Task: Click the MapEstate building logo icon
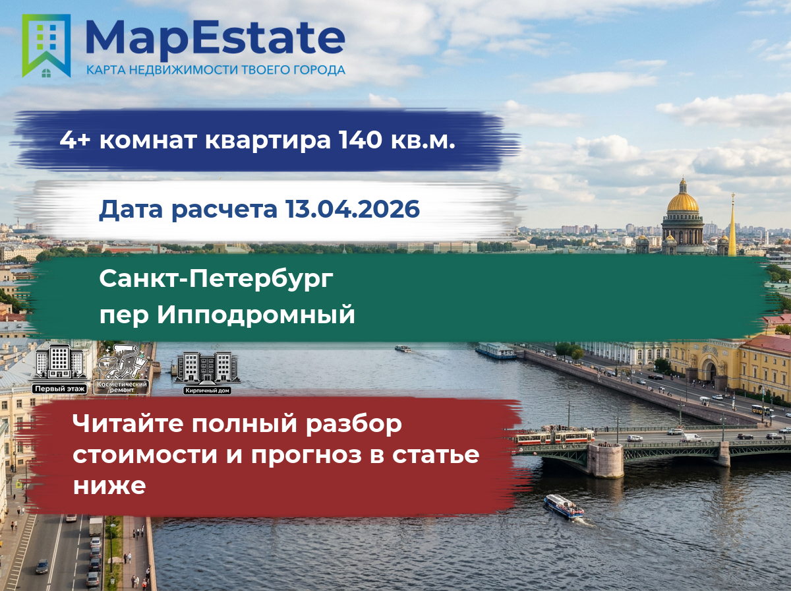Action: point(46,46)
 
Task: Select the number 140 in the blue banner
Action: point(361,140)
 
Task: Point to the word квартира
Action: point(268,141)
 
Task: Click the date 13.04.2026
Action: point(353,209)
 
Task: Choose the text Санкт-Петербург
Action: point(216,279)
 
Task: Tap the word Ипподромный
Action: point(256,315)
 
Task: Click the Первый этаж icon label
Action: point(59,389)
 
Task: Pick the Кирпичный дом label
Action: point(207,390)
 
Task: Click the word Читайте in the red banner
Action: point(128,423)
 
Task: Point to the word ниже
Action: point(109,486)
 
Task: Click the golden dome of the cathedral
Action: point(682,202)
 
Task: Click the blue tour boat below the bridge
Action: point(564,507)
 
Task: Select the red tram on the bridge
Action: point(554,437)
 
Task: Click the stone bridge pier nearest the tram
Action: point(605,460)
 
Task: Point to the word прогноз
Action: point(306,456)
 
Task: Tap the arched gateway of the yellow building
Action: point(711,370)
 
